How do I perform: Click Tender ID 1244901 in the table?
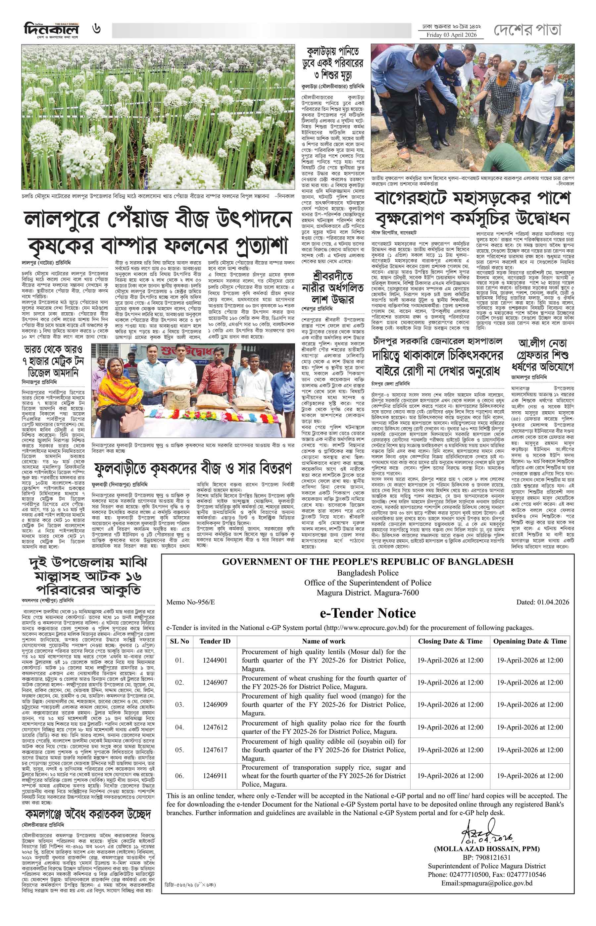[215, 660]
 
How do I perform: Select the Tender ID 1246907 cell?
[215, 682]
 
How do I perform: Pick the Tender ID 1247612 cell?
[215, 727]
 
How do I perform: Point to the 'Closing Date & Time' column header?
[450, 641]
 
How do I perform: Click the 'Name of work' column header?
[324, 641]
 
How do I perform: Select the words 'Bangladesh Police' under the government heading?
[367, 573]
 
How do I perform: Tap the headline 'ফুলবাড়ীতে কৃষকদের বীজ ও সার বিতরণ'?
[192, 469]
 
